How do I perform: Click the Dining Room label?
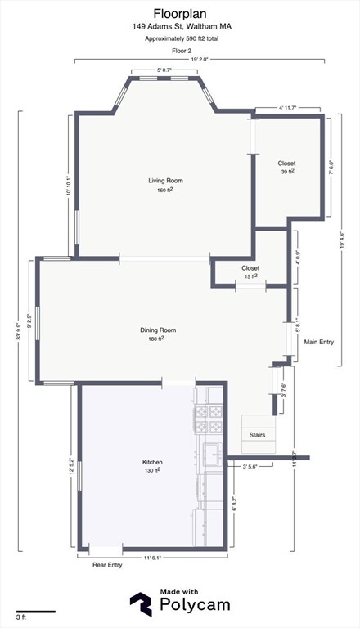coord(158,330)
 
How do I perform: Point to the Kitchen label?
coord(152,462)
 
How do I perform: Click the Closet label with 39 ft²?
coord(286,164)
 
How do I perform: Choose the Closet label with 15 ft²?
coord(250,268)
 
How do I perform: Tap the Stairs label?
coord(257,435)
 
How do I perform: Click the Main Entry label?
coord(319,342)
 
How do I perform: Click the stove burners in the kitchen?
coord(209,419)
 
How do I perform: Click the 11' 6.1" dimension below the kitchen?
coord(152,558)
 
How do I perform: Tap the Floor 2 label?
coord(181,51)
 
